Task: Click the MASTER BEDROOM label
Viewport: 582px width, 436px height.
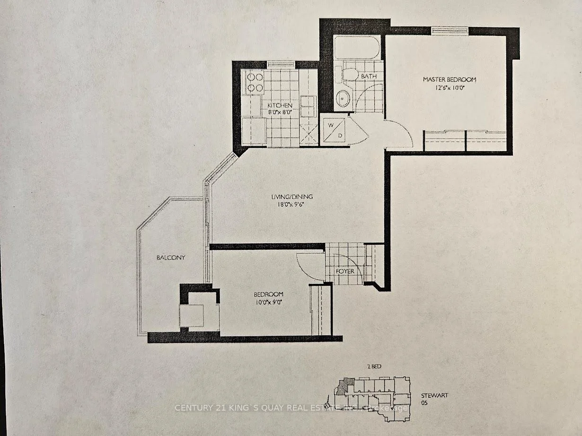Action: tap(450, 79)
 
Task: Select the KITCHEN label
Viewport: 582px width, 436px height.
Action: tap(280, 105)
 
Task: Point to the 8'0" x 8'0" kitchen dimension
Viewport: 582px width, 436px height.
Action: tap(280, 112)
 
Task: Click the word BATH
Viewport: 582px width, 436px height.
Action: tap(369, 76)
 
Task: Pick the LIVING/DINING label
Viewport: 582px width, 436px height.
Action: tap(292, 197)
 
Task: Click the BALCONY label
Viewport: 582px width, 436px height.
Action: tap(171, 257)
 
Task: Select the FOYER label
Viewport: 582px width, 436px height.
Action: tap(344, 271)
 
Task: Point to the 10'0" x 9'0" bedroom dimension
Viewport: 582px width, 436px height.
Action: tap(268, 302)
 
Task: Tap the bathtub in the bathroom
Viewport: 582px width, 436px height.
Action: tap(357, 48)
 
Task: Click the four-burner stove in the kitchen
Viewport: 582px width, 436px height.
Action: tap(255, 83)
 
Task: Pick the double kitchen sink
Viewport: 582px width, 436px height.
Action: tap(309, 106)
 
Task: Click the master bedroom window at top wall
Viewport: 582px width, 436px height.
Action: tap(450, 31)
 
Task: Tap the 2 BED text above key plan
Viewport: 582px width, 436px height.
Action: tap(374, 367)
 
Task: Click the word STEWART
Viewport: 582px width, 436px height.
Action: tap(434, 395)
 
